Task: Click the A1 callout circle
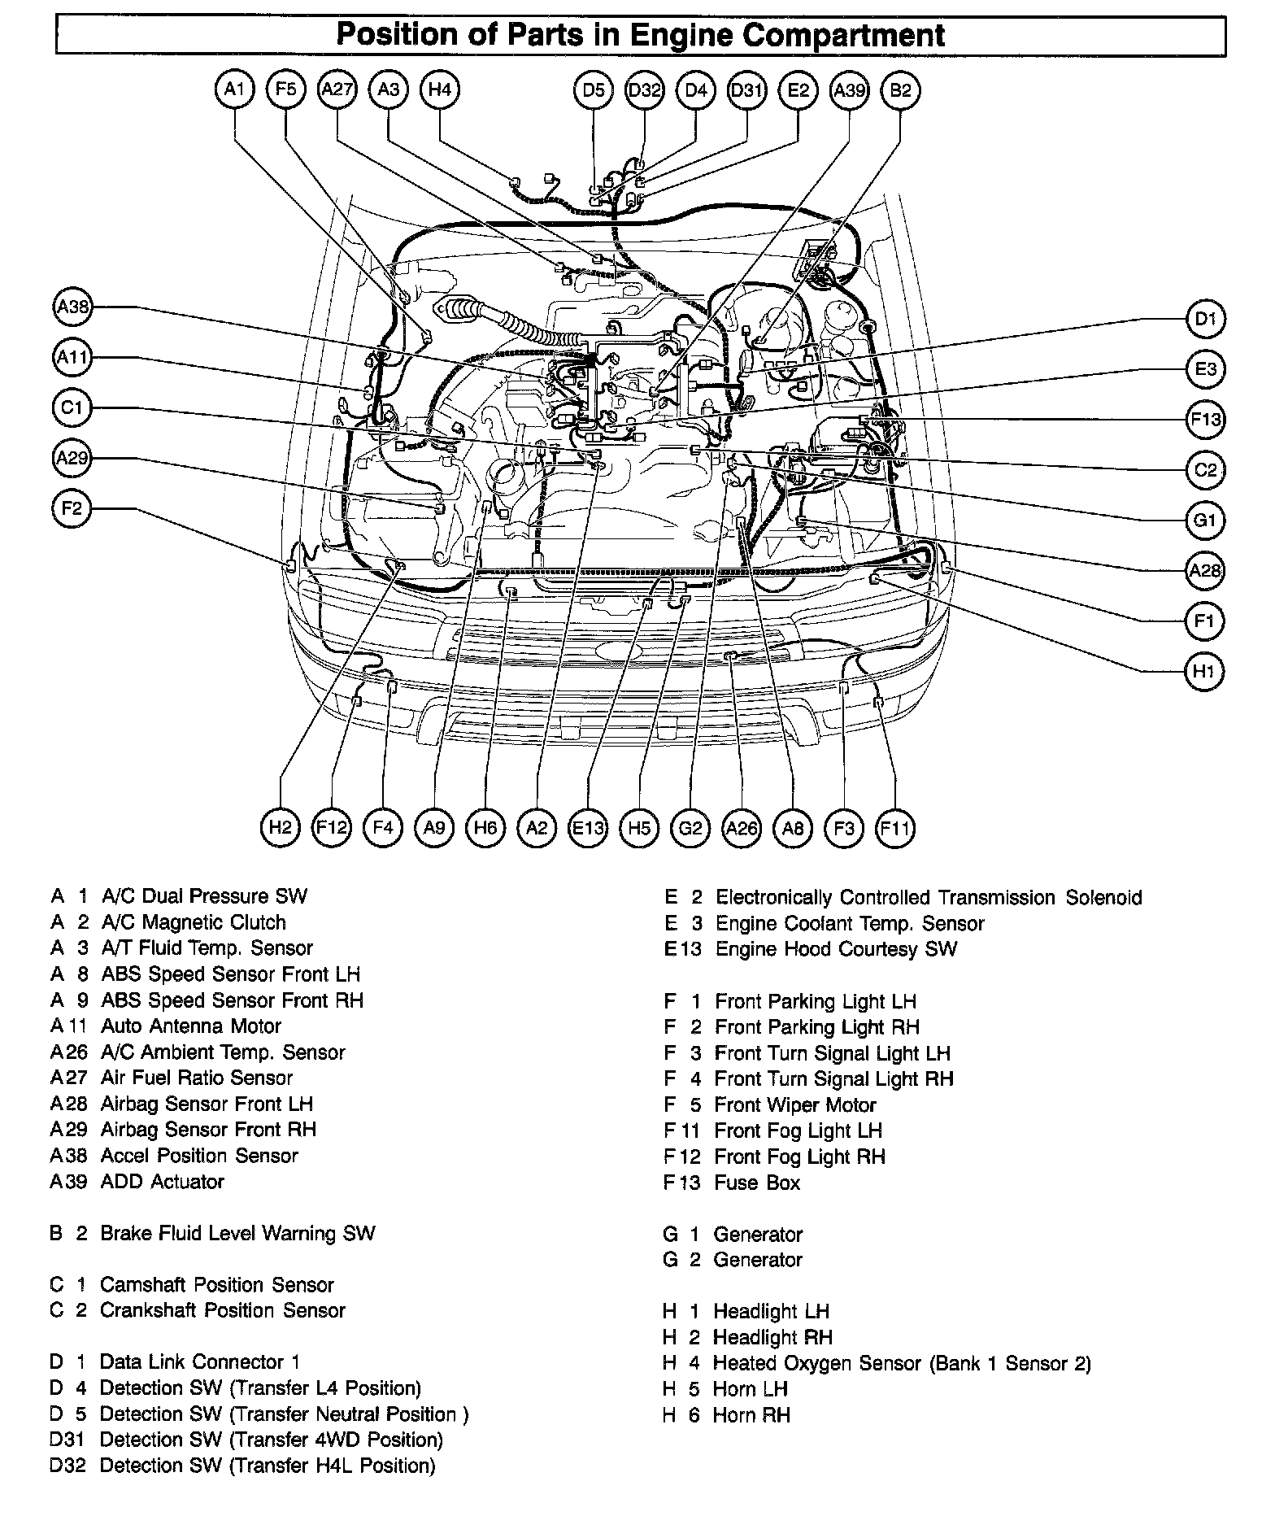tap(235, 89)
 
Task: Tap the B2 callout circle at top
tap(900, 89)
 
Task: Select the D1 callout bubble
tap(1204, 319)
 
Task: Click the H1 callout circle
tap(1204, 672)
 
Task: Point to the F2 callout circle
tap(72, 509)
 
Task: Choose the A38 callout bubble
tap(72, 307)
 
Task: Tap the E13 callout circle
tap(588, 828)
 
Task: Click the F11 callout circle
tap(895, 828)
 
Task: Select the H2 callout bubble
tap(281, 828)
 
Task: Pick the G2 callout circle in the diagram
tap(690, 828)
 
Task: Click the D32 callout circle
tap(645, 89)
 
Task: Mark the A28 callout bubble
tap(1204, 570)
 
